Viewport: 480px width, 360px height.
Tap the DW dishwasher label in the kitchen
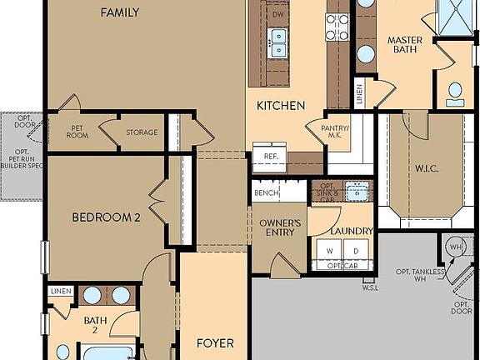(x=278, y=15)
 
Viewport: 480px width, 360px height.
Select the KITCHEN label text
(x=280, y=106)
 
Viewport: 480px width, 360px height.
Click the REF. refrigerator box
(x=270, y=157)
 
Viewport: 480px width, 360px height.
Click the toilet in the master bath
(x=455, y=93)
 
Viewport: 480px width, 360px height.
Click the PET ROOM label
(x=79, y=132)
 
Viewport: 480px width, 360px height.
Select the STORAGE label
(x=142, y=132)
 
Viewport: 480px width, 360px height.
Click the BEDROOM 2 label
(x=105, y=217)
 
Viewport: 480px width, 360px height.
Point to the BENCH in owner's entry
(x=266, y=193)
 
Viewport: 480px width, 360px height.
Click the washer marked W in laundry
(x=329, y=251)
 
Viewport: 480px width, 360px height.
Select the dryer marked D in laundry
(x=356, y=251)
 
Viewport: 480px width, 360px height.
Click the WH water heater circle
(x=456, y=247)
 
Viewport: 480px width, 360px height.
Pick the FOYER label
(x=214, y=343)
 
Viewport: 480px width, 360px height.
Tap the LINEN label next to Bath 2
(x=60, y=291)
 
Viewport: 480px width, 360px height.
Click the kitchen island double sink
(x=277, y=42)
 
